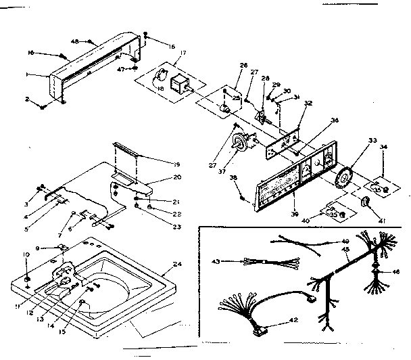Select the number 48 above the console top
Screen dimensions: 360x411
pyautogui.click(x=93, y=42)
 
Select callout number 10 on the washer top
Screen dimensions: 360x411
pyautogui.click(x=26, y=255)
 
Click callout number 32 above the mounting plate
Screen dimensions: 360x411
pyautogui.click(x=308, y=104)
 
